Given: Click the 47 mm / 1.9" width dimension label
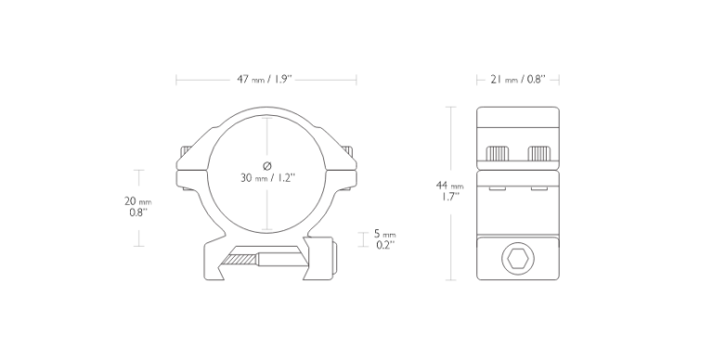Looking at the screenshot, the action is pos(264,80).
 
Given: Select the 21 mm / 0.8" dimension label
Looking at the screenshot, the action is pos(517,80).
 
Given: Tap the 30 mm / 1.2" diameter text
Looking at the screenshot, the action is pos(267,177).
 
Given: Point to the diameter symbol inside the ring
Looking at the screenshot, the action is pos(267,166).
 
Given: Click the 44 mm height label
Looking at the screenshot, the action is pos(449,186).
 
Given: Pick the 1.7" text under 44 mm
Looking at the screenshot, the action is pos(449,197).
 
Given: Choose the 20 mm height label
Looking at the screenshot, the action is pos(137,201).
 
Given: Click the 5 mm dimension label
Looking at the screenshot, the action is pos(384,234).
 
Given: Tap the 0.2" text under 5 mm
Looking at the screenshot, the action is pos(385,245).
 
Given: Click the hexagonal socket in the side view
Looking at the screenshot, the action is pos(518,259).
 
